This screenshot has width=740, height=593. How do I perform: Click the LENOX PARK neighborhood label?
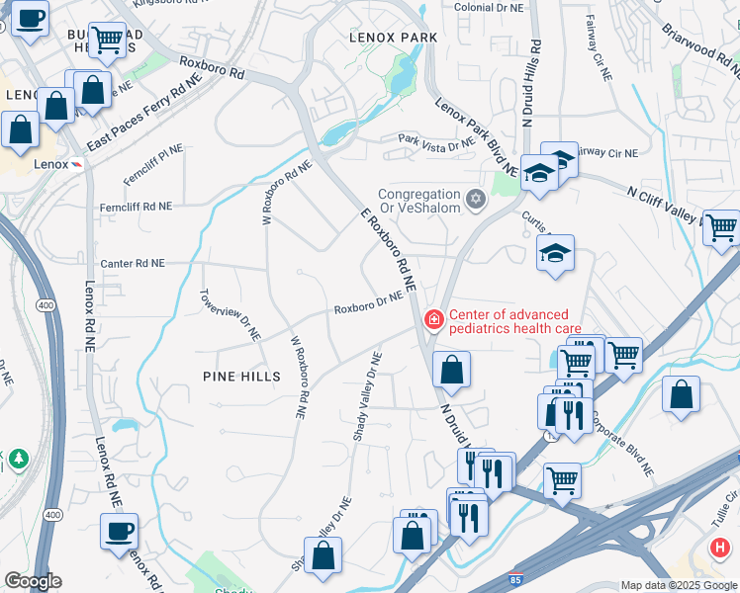point(393,38)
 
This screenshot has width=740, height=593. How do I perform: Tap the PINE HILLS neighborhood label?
point(241,377)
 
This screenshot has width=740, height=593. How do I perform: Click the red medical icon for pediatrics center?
point(432,319)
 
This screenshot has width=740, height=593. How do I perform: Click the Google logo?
point(33,581)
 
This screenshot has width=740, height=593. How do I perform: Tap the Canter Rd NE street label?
point(133,264)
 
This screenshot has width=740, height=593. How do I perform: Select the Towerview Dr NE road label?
point(231,315)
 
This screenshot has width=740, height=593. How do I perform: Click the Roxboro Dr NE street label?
point(368,302)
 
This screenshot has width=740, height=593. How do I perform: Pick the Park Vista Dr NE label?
point(436,142)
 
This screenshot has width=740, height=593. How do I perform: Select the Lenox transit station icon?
point(77,164)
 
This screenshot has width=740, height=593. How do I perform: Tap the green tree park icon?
point(17,460)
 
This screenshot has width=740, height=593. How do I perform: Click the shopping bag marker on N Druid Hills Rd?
point(451,371)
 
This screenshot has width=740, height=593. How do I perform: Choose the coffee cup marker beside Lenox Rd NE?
point(119,531)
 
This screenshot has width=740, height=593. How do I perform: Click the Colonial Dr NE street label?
point(488,7)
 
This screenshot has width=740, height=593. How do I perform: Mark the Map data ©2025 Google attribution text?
point(678,585)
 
